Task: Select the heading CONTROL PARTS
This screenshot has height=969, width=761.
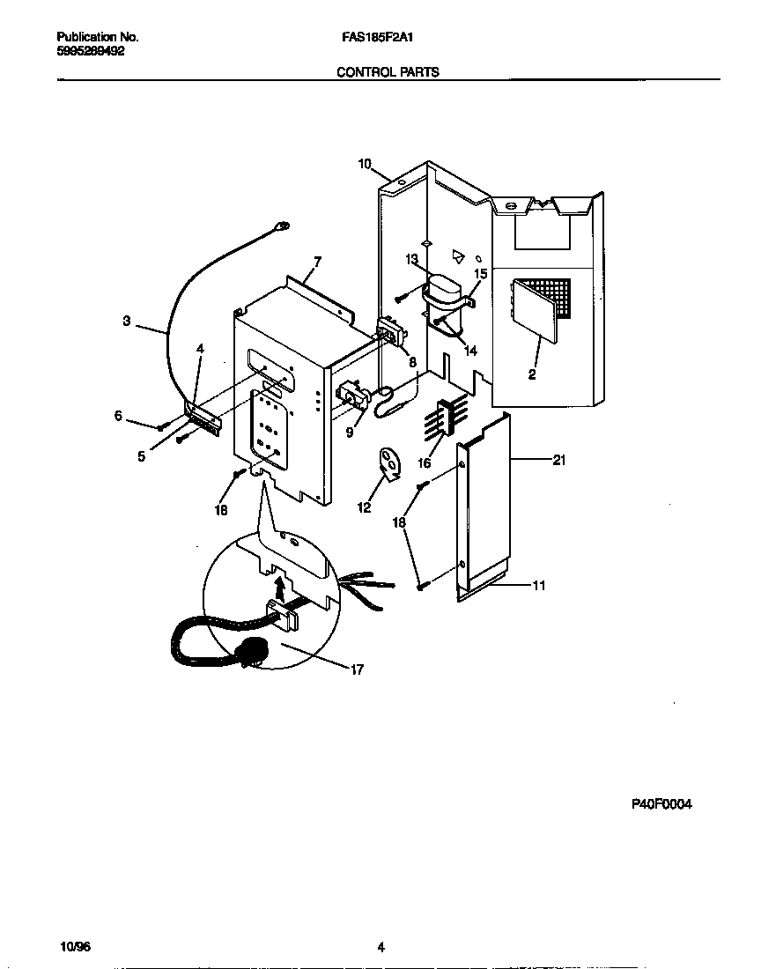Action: [x=388, y=72]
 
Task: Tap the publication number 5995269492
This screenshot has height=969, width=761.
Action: [x=90, y=51]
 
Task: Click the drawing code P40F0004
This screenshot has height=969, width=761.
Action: [x=661, y=804]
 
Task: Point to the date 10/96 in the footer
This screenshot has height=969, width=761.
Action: [x=76, y=947]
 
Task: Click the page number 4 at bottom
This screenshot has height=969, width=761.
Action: [x=380, y=948]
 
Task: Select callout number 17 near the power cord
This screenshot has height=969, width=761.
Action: [x=357, y=669]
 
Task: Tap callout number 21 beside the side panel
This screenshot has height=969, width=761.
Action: [x=558, y=460]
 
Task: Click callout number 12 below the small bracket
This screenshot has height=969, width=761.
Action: [x=364, y=507]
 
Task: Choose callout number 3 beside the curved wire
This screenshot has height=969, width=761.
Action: [x=127, y=322]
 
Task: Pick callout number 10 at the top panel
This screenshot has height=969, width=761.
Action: [x=365, y=163]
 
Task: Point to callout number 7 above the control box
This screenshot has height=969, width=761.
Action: [x=317, y=262]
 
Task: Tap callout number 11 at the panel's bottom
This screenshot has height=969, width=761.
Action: [x=538, y=585]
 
